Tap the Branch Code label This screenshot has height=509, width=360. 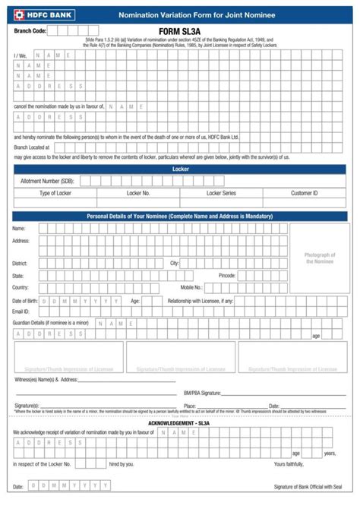click(30, 31)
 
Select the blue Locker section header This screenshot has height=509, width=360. click(180, 169)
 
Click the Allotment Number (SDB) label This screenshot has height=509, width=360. click(47, 181)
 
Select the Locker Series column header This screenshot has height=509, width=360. click(221, 194)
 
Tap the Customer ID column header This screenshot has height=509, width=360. click(304, 194)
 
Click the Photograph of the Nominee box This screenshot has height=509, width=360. click(319, 258)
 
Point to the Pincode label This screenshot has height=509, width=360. click(227, 275)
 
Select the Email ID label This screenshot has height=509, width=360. click(22, 311)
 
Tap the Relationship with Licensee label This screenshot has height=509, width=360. click(201, 301)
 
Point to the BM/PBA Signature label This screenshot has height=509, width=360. click(202, 393)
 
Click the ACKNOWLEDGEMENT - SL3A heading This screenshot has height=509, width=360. click(180, 422)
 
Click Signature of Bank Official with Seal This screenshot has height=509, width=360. click(308, 486)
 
